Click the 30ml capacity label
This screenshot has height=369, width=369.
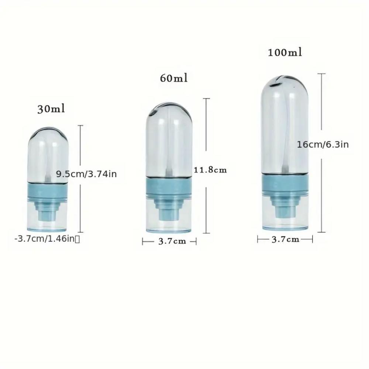[x=51, y=109]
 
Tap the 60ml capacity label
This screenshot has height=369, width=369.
[x=174, y=78]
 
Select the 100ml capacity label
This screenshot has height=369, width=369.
[x=285, y=52]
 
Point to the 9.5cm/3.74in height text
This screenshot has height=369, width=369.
[x=86, y=174]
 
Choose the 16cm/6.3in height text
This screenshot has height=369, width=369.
[x=323, y=145]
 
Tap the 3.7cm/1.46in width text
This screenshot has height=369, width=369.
[x=47, y=239]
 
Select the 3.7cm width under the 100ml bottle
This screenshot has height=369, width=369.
[x=285, y=239]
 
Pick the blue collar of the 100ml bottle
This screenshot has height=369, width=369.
[x=285, y=184]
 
